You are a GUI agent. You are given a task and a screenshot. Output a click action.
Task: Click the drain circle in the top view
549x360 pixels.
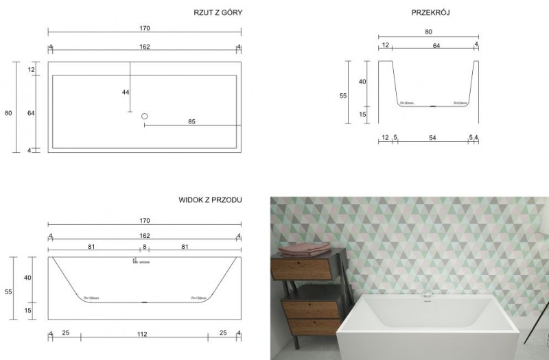coord(145,117)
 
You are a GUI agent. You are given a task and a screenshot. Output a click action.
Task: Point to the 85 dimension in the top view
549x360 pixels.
coord(191,122)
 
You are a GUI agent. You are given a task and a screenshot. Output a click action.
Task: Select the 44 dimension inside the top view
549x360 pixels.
coord(126,92)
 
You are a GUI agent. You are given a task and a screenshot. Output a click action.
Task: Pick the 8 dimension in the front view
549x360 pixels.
coord(144,245)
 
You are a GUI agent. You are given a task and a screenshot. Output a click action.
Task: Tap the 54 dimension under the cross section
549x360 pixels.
coord(432,138)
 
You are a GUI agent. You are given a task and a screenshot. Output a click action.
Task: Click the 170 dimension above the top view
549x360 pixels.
coord(144,29)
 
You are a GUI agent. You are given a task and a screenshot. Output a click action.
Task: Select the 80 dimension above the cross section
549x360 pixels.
coord(428,31)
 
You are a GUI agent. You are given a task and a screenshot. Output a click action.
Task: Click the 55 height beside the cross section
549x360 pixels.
coord(343,96)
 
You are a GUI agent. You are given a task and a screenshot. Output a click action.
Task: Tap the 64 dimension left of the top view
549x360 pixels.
coord(31,113)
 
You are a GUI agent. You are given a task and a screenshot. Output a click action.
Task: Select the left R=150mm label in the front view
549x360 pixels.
coord(91,298)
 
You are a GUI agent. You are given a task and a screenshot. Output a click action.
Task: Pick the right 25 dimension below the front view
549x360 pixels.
coord(224,334)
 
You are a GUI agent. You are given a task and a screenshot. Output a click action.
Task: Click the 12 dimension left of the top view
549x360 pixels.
coord(31,70)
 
